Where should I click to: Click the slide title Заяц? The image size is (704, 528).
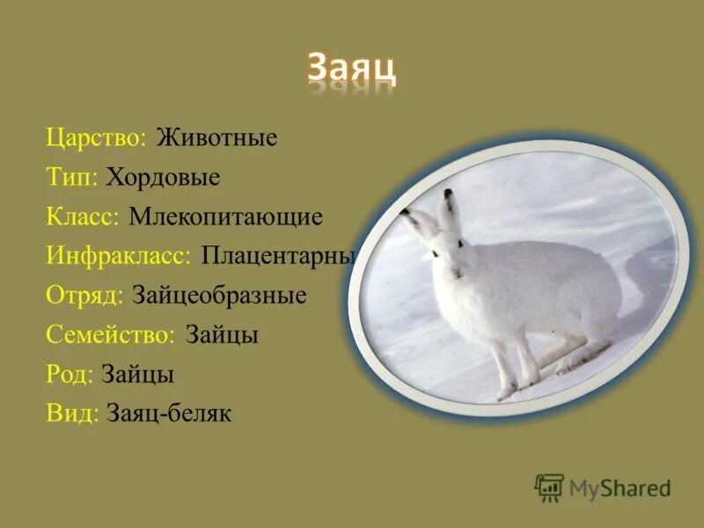[351, 67]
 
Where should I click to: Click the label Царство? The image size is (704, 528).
[96, 138]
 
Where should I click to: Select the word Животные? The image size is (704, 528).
[216, 138]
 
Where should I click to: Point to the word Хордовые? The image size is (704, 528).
[163, 178]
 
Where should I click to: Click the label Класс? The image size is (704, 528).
[83, 216]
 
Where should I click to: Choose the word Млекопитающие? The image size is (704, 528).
[225, 216]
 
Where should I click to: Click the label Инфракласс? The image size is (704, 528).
[119, 256]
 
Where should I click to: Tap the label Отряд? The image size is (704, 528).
[84, 295]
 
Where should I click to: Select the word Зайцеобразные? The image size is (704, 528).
[219, 295]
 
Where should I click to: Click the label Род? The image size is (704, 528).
[70, 374]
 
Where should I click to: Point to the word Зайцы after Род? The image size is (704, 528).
[137, 374]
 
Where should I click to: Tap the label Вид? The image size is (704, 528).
[71, 414]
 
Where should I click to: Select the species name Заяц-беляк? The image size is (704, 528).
[168, 414]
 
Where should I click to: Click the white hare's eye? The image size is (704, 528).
[433, 253]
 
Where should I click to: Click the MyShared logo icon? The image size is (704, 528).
[548, 488]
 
